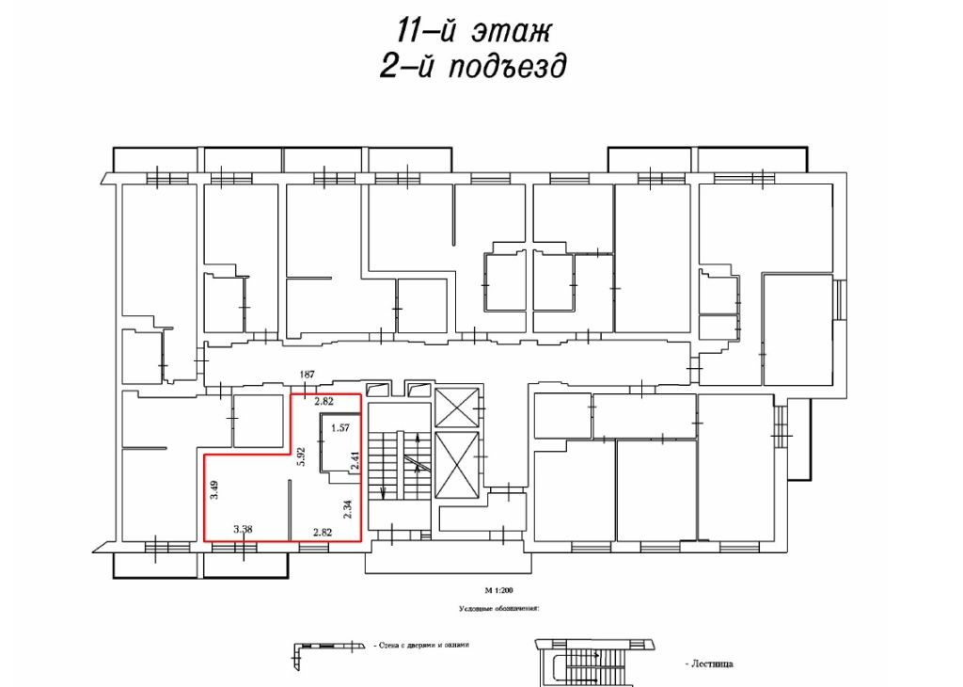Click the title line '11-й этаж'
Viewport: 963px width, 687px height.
(472, 30)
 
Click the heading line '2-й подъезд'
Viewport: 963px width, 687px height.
(472, 67)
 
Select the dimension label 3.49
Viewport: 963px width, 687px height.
(215, 489)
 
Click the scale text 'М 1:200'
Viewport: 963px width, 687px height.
(500, 590)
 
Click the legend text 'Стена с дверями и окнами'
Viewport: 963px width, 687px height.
(420, 647)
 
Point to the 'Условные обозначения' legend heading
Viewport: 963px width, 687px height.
(498, 609)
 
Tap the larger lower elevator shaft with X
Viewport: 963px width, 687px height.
(457, 466)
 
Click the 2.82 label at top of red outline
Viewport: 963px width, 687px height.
(324, 402)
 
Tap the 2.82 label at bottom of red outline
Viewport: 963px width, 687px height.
(324, 531)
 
